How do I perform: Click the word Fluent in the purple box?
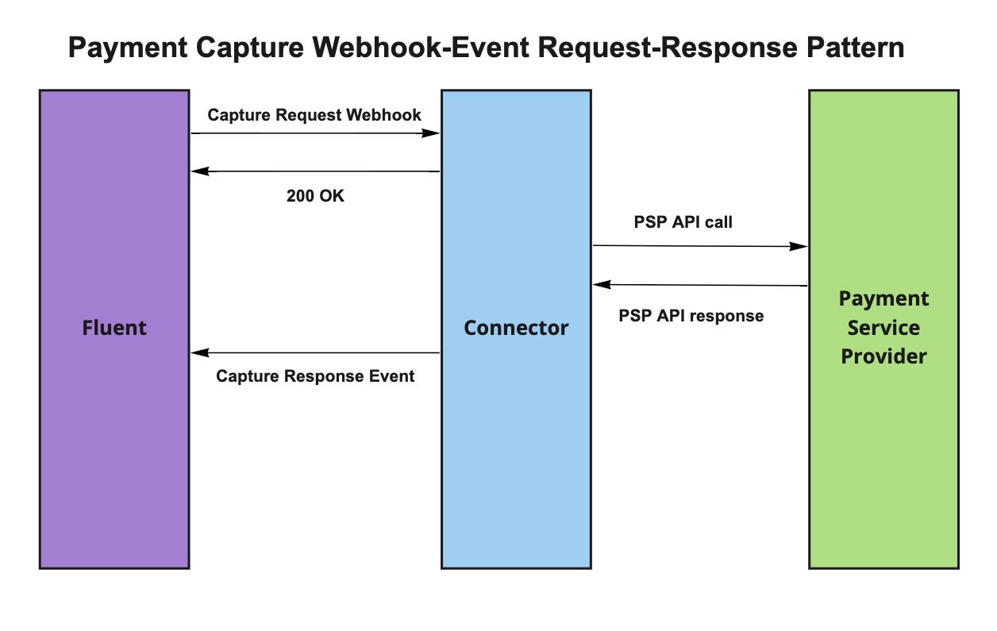click(x=114, y=327)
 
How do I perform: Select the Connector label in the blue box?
click(x=516, y=327)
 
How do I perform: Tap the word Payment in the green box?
click(x=883, y=299)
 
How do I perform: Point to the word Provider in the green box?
click(x=883, y=356)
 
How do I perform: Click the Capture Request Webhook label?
click(x=314, y=115)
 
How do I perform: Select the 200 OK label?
click(x=315, y=196)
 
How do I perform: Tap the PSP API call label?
click(x=683, y=222)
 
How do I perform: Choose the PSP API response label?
click(x=691, y=316)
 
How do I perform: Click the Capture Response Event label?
click(x=315, y=376)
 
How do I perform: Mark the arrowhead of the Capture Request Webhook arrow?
click(x=433, y=133)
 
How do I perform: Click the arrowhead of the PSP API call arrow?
click(x=801, y=247)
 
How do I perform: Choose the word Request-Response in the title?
click(x=656, y=48)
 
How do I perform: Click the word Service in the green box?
click(x=883, y=328)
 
